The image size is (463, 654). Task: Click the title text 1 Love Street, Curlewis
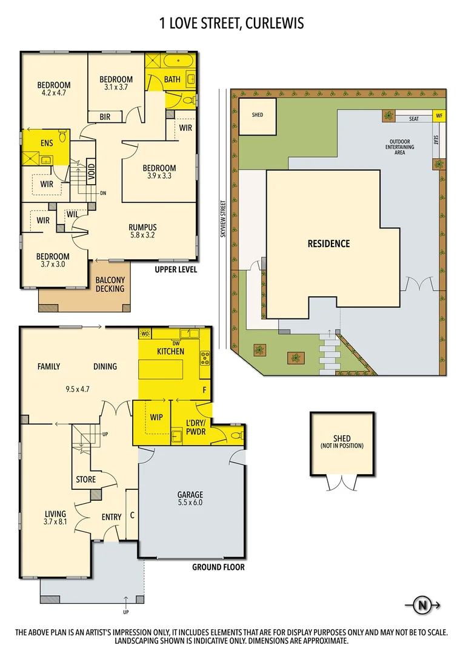(231, 24)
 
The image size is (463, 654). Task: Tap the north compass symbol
(421, 604)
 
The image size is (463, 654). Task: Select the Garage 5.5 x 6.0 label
(190, 498)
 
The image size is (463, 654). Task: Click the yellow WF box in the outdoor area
(439, 116)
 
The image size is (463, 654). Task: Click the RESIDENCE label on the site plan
(328, 243)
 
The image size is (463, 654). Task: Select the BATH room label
(172, 79)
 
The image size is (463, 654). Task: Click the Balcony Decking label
(110, 284)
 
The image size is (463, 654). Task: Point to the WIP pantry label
(156, 417)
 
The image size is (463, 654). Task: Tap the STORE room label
(86, 480)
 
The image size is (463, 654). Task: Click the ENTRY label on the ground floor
(111, 517)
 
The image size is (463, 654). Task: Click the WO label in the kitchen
(145, 334)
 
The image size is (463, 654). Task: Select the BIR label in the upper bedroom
(105, 117)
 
